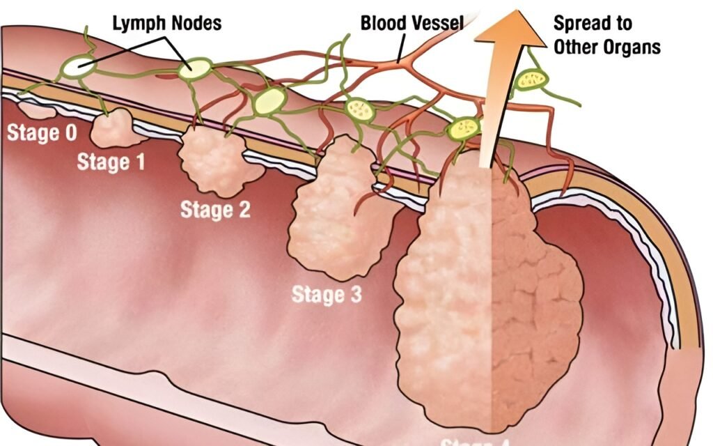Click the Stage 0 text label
(x=42, y=132)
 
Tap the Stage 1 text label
(x=111, y=162)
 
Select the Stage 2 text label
(x=214, y=209)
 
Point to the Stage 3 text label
(x=327, y=295)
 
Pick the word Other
(x=577, y=47)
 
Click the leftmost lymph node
(x=78, y=66)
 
